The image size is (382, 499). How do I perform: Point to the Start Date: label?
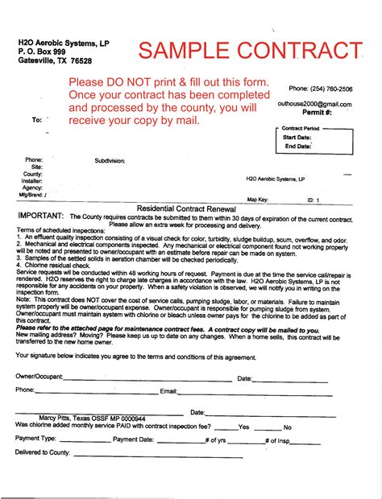point(297,138)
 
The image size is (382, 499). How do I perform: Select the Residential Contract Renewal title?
point(190,208)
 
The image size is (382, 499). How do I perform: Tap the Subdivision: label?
point(110,161)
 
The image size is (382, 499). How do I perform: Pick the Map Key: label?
point(257,199)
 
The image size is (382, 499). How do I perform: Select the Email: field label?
point(168,391)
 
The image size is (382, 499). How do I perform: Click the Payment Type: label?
point(35,439)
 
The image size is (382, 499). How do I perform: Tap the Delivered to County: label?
point(43,453)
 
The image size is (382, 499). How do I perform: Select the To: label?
point(36,119)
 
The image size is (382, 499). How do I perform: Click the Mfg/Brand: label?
point(32,195)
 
